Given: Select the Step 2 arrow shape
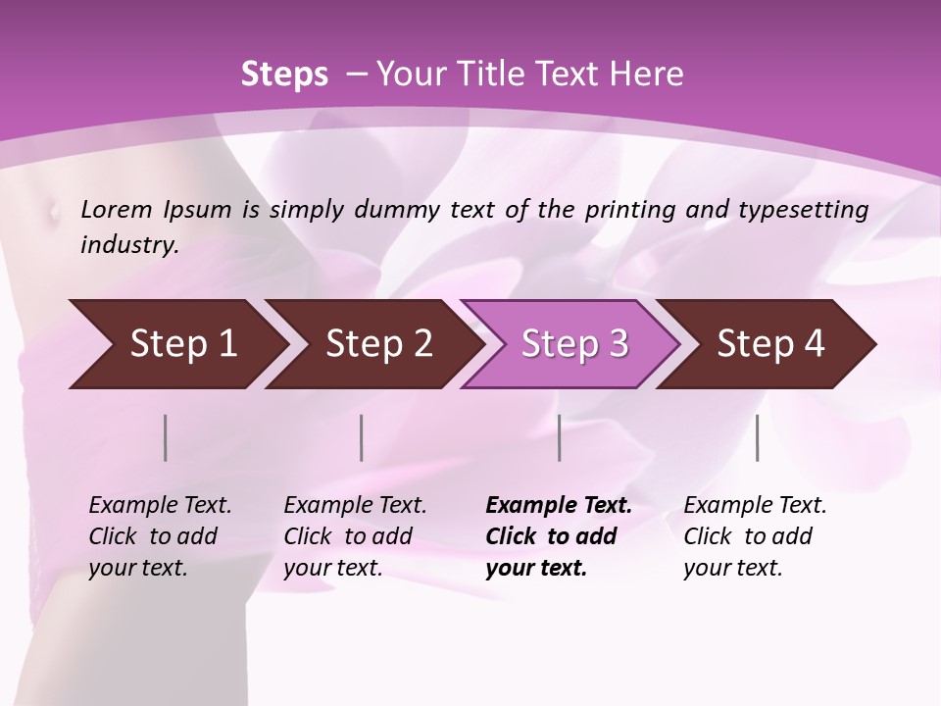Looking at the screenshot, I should (373, 344).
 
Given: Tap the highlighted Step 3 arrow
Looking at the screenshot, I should (570, 344).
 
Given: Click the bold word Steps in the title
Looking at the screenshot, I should (284, 75).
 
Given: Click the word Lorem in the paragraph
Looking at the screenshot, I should (117, 209).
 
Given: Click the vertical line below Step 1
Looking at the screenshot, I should (166, 437).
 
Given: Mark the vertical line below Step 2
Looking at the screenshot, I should (362, 437).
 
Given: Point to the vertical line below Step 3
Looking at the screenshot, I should (560, 437).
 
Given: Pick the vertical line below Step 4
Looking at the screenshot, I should (758, 437).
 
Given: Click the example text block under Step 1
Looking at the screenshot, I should (160, 536).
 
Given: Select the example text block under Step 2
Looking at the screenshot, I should (355, 536).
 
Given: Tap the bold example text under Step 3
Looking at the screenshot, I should (559, 536).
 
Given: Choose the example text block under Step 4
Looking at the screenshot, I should (755, 536).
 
